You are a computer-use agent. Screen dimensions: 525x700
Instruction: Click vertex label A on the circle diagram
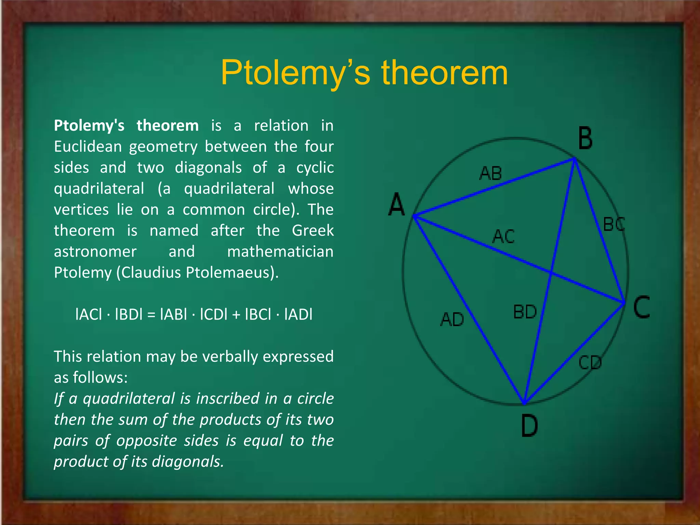[396, 204]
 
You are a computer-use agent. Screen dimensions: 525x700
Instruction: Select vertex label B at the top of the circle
[585, 138]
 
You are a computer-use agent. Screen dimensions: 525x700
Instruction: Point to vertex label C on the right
[641, 308]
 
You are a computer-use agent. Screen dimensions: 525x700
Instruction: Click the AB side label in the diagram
[490, 173]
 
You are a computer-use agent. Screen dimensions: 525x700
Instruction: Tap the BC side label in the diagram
[614, 225]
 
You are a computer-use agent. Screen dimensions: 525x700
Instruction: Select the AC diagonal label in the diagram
[503, 237]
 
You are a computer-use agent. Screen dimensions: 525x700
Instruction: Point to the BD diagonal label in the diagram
[525, 312]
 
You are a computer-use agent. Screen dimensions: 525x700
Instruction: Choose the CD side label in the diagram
[590, 363]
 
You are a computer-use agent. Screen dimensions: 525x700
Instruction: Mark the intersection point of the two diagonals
[551, 273]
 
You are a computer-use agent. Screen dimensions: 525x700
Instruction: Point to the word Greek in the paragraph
[312, 230]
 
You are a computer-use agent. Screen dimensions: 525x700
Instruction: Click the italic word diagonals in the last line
[188, 461]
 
